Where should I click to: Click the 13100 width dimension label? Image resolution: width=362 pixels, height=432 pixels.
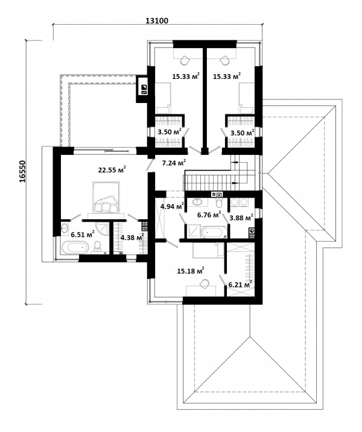click(x=156, y=20)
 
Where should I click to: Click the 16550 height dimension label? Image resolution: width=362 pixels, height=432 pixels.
click(x=22, y=171)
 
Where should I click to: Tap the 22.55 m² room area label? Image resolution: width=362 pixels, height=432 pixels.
click(x=112, y=169)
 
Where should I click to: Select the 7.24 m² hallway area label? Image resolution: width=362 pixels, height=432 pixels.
click(x=174, y=163)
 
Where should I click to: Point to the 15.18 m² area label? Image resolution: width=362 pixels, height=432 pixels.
click(x=191, y=271)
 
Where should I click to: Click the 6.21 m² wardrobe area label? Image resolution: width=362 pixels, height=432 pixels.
click(x=240, y=284)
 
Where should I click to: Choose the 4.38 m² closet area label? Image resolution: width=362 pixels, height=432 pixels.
click(x=133, y=237)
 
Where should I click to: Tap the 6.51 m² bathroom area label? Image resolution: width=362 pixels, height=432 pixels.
click(x=83, y=234)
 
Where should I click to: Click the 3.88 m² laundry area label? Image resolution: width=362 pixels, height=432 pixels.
click(x=241, y=218)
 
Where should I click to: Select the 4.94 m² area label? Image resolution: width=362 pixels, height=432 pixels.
click(x=172, y=206)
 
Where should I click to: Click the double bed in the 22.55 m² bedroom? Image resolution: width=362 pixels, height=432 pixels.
click(x=106, y=197)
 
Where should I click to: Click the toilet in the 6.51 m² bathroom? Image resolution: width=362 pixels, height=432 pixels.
click(x=97, y=246)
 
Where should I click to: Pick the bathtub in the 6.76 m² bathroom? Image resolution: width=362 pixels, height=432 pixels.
click(x=214, y=232)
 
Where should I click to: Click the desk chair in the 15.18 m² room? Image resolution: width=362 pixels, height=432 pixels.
click(x=205, y=284)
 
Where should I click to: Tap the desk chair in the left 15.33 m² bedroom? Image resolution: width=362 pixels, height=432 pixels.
click(x=185, y=60)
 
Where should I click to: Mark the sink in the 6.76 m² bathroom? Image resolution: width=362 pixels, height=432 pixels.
click(x=197, y=202)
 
